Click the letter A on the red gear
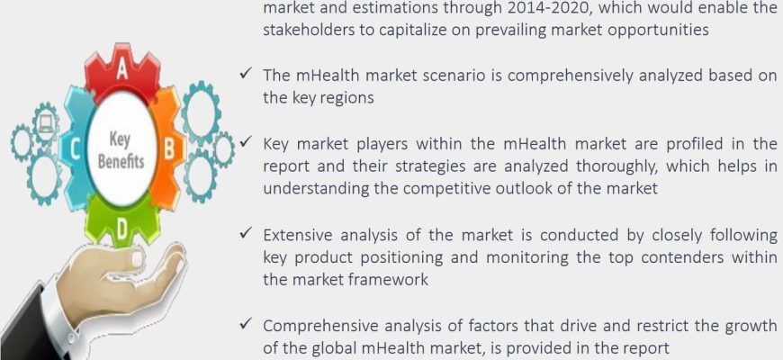tap(121, 71)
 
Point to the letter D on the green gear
tap(121, 230)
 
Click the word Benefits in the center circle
tap(121, 162)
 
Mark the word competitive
tap(453, 189)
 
